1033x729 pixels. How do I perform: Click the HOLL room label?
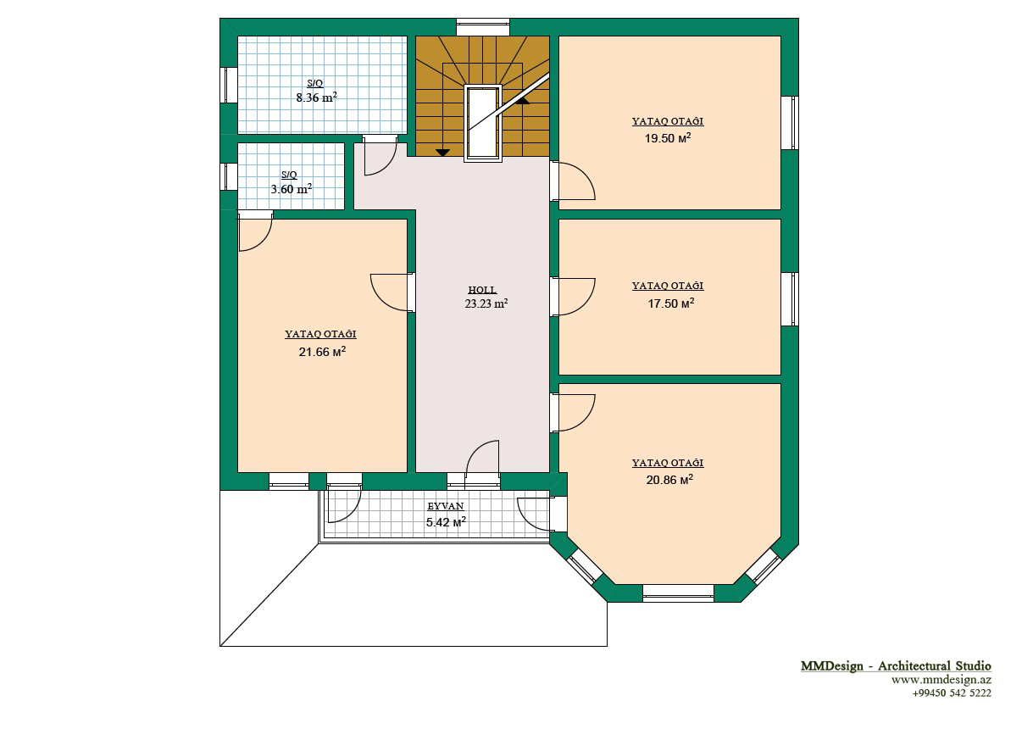(482, 290)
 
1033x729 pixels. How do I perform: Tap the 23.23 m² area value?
(486, 303)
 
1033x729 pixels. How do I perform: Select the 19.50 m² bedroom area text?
(667, 138)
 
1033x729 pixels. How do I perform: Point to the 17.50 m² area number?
(671, 303)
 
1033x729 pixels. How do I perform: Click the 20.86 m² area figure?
(669, 480)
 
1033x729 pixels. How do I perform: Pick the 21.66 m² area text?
(322, 352)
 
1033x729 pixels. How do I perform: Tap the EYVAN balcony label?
(446, 506)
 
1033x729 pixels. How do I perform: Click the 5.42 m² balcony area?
(446, 522)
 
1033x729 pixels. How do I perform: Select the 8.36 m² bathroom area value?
(316, 97)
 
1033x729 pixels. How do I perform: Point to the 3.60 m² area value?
(291, 189)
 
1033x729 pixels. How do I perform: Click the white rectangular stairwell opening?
(483, 123)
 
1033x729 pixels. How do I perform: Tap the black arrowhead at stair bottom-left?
(442, 153)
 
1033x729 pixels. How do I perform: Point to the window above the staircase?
(483, 27)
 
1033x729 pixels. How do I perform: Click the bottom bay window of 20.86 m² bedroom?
(678, 593)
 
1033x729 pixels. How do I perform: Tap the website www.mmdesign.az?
(941, 679)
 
